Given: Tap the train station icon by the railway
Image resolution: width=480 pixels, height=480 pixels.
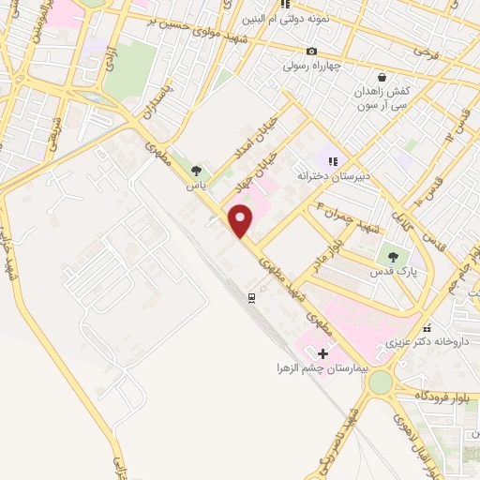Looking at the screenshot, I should [251, 297].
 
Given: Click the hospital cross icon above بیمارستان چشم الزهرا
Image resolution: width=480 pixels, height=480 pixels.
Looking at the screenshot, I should [323, 353].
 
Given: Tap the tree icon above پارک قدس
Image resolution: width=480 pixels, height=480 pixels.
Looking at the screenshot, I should [392, 257].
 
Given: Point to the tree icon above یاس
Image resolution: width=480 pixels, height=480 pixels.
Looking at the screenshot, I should [195, 171].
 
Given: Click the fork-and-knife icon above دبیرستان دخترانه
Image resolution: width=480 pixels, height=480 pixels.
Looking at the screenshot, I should [332, 160].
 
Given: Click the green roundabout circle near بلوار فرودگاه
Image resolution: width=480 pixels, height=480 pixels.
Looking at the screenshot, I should [380, 382].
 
